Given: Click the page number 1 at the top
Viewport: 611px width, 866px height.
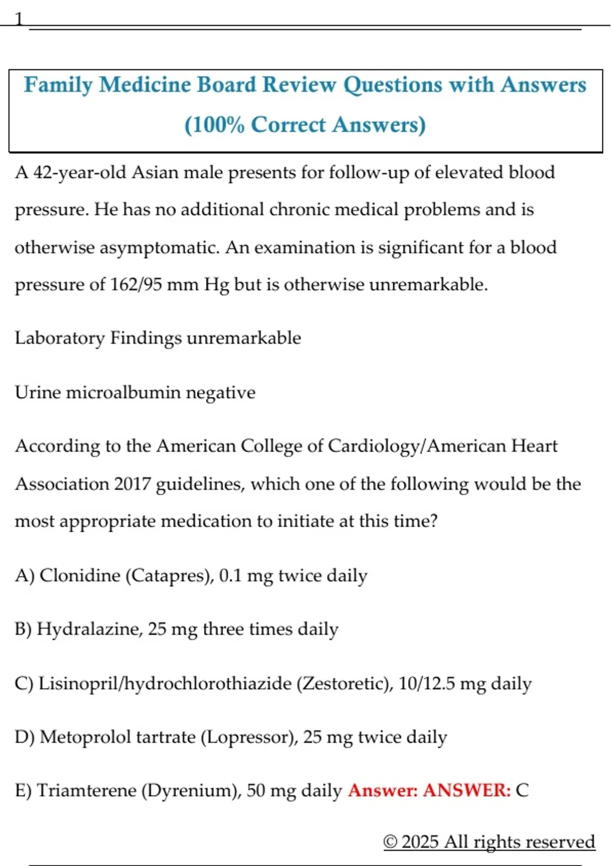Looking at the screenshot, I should click(19, 19).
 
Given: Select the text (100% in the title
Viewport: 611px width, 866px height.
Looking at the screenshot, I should click(214, 125).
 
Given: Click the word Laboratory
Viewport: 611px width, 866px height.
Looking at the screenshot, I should click(60, 338).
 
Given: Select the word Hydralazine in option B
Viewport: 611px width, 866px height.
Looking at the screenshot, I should click(89, 629).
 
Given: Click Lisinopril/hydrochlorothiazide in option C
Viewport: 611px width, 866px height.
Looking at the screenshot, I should click(165, 683).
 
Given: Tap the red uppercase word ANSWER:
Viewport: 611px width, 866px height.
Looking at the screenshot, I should click(466, 791).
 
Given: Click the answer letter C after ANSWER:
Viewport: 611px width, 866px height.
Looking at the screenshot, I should click(522, 791).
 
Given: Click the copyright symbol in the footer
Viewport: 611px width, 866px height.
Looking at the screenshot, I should click(390, 842).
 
